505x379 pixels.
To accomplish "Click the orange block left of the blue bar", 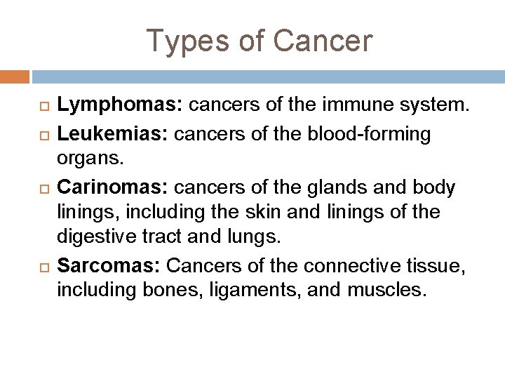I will point(14,75).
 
